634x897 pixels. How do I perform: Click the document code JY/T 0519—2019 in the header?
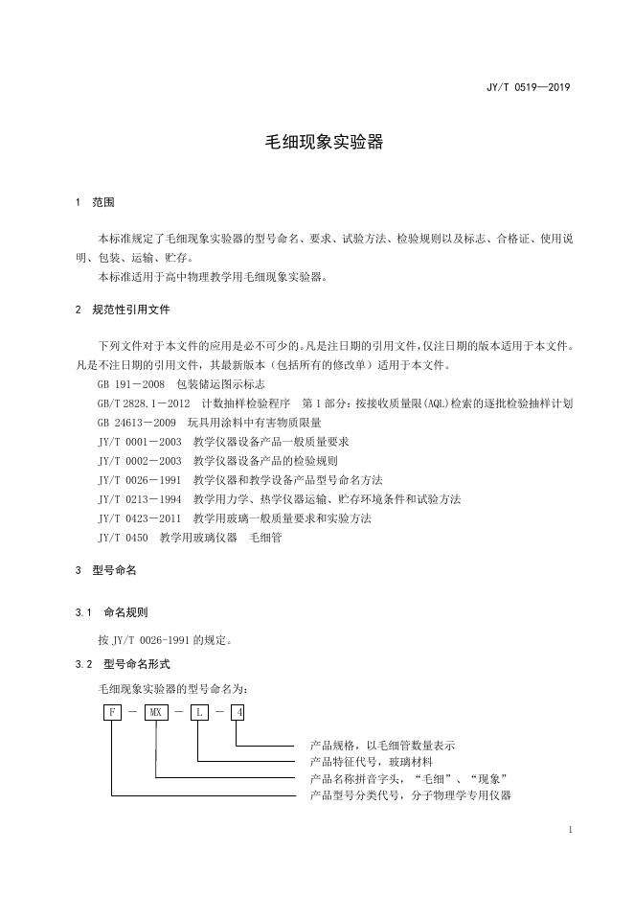529,88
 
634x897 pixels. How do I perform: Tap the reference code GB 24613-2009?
137,423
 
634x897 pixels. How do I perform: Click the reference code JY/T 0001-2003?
140,442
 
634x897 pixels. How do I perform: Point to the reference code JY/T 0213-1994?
140,499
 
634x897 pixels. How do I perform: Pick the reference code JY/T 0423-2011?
140,518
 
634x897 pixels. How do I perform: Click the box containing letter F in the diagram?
111,713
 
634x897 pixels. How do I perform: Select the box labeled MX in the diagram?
155,713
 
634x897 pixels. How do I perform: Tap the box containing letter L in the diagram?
199,713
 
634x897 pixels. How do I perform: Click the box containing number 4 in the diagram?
238,713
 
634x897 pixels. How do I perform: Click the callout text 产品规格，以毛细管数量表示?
383,745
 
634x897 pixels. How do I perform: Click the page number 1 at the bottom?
571,830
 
